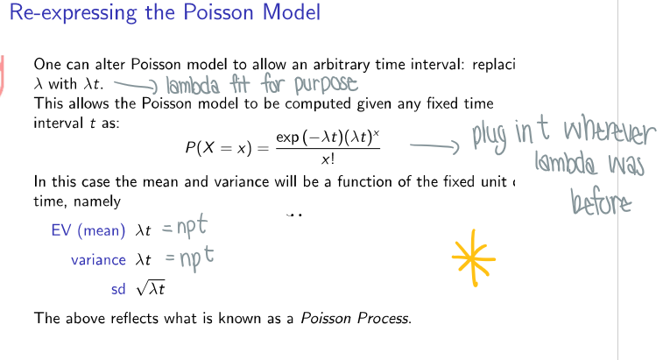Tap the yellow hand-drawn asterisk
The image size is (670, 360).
coord(474,258)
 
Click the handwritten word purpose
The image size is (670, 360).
coord(324,85)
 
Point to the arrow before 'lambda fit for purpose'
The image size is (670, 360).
coord(132,85)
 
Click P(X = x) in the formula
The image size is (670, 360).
coord(220,148)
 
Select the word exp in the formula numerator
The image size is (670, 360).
coord(287,138)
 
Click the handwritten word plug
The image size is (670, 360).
coord(493,138)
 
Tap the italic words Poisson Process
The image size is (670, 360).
coord(354,318)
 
